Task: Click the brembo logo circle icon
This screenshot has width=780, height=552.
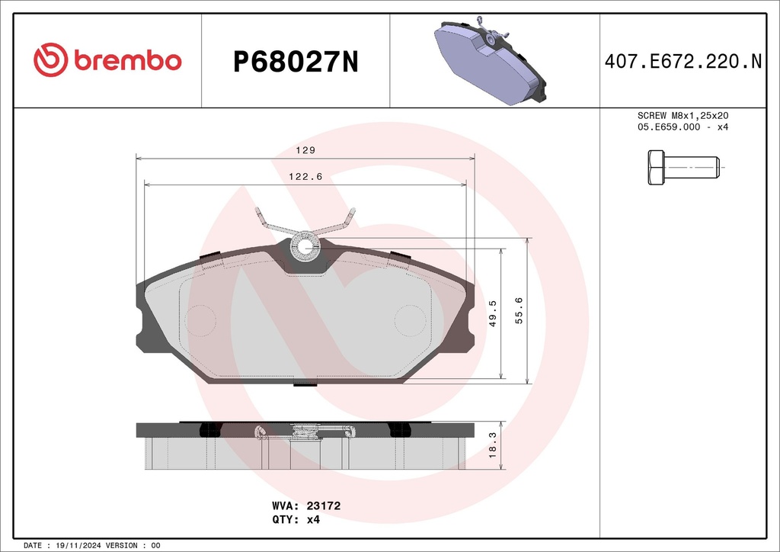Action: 50,59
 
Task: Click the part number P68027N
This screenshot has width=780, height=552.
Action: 296,63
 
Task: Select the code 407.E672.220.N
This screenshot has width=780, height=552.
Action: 683,61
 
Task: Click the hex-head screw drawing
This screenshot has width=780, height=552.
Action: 683,167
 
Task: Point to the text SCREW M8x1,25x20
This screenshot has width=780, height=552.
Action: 682,115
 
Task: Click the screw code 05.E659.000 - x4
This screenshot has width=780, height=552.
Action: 682,127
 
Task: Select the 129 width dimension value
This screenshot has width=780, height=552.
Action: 305,150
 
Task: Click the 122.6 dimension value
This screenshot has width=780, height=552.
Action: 305,176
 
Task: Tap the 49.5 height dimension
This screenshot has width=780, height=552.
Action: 493,313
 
